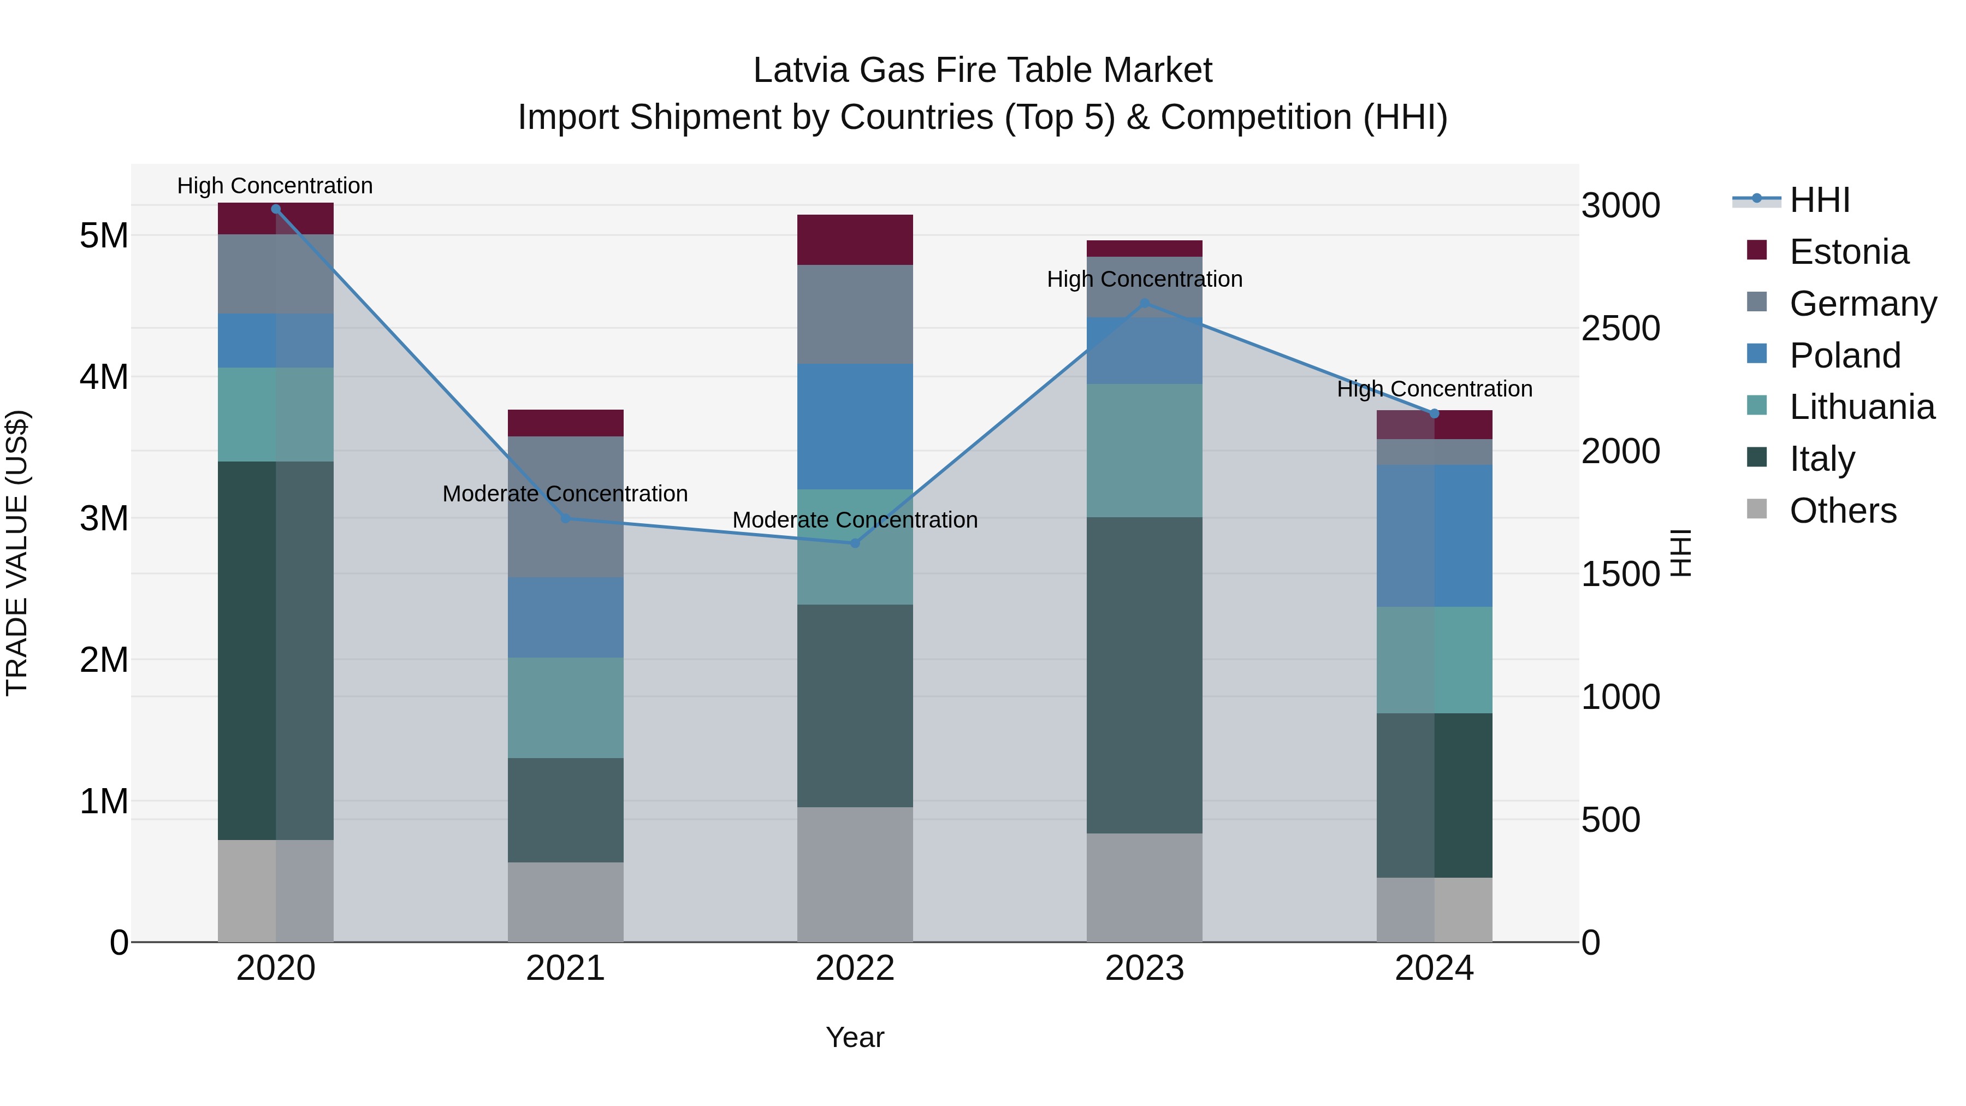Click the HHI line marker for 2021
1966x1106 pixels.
(566, 518)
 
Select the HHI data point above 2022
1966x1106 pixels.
(855, 543)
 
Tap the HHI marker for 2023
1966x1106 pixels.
(1144, 304)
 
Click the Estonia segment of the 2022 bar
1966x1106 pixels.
(855, 240)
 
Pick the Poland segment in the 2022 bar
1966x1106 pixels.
(855, 427)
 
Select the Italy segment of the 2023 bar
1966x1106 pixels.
(1144, 676)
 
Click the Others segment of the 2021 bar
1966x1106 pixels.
(566, 902)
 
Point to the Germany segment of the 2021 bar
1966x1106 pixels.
(566, 507)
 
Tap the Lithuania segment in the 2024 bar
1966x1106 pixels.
(1434, 660)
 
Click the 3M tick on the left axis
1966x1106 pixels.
(104, 518)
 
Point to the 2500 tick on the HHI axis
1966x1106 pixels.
(1620, 328)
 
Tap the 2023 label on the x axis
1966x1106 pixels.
(1144, 968)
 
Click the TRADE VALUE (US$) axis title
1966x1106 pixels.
(17, 553)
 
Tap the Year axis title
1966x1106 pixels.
(855, 1037)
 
